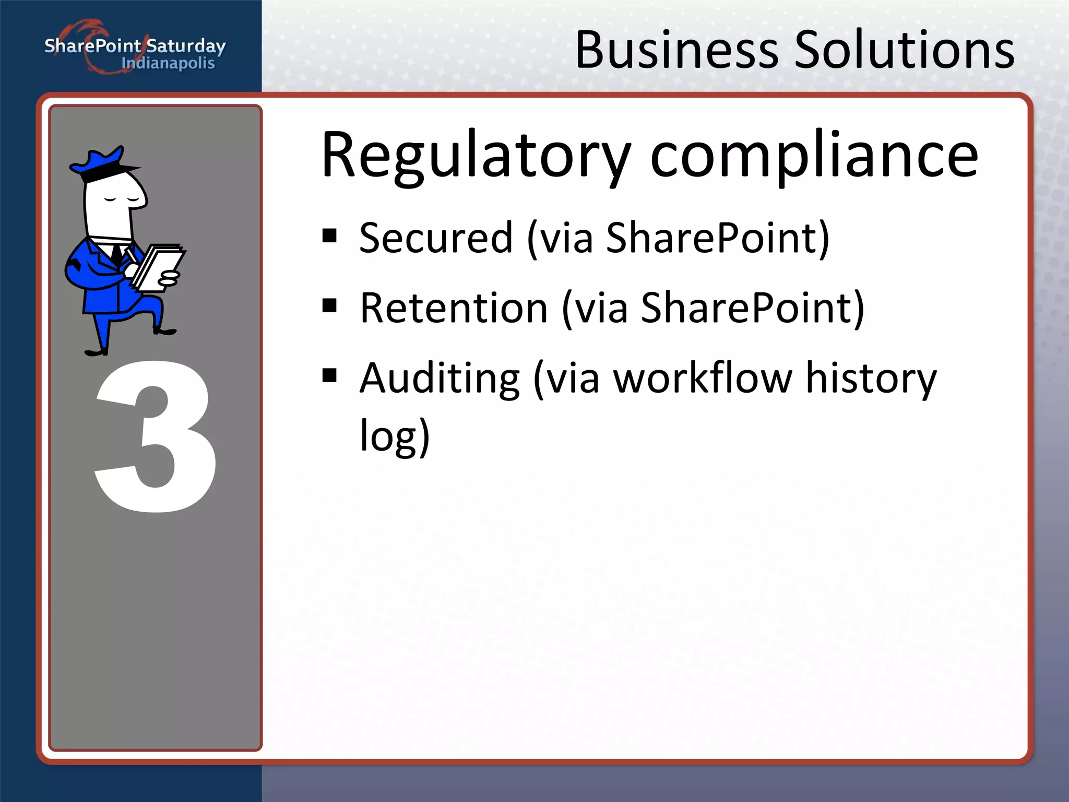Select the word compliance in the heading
pyautogui.click(x=814, y=156)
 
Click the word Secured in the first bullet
pyautogui.click(x=436, y=238)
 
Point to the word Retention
pyautogui.click(x=454, y=308)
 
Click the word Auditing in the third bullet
pyautogui.click(x=440, y=378)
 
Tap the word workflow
pyautogui.click(x=703, y=378)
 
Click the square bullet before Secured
pyautogui.click(x=329, y=236)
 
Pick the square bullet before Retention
pyautogui.click(x=329, y=305)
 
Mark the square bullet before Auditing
pyautogui.click(x=329, y=375)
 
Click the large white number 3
pyautogui.click(x=156, y=436)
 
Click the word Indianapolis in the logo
pyautogui.click(x=168, y=64)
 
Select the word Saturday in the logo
pyautogui.click(x=186, y=46)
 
